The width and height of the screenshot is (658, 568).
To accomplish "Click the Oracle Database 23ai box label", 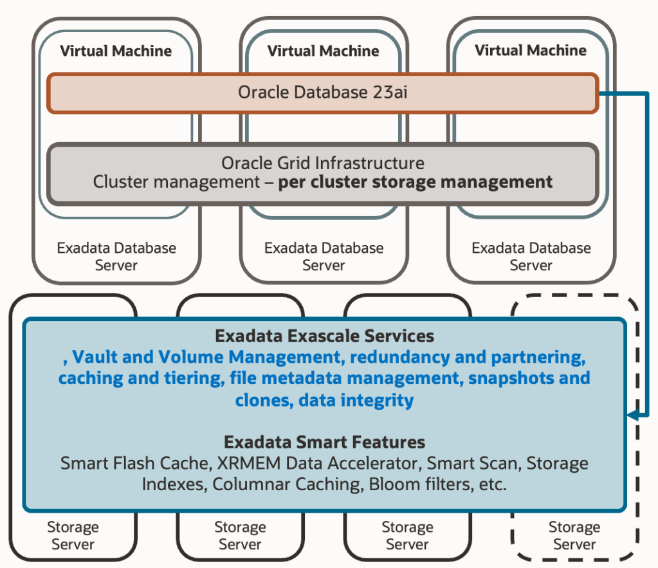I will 323,93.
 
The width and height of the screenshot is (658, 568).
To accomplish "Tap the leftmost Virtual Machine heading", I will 116,50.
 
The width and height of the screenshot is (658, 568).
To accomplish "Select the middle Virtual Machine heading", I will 324,50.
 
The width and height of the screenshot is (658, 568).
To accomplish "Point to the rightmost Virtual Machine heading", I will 531,50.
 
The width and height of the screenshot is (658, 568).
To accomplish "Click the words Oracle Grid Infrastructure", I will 323,163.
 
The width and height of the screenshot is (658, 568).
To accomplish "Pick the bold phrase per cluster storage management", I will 416,182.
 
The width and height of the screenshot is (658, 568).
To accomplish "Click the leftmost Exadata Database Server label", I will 116,256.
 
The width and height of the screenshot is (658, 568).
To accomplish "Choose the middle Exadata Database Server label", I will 324,256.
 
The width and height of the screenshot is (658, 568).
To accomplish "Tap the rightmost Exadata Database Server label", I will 531,256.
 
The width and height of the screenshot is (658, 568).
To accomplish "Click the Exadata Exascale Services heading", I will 324,336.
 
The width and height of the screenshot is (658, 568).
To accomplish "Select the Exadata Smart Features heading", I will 324,442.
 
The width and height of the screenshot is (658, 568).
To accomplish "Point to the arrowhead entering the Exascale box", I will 632,416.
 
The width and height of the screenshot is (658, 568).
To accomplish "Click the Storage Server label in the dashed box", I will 574,535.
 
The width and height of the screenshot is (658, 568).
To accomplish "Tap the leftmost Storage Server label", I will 73,535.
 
